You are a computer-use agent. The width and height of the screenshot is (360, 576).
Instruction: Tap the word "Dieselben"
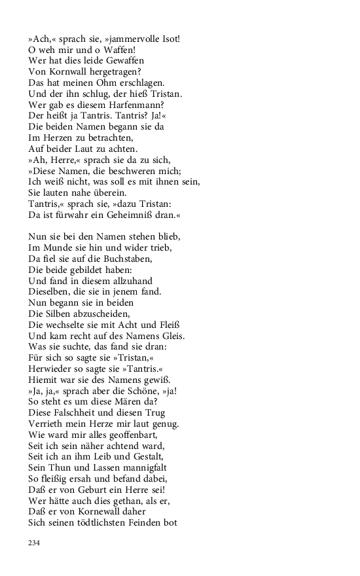click(x=51, y=291)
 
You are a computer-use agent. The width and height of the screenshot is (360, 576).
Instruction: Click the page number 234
click(x=35, y=543)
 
